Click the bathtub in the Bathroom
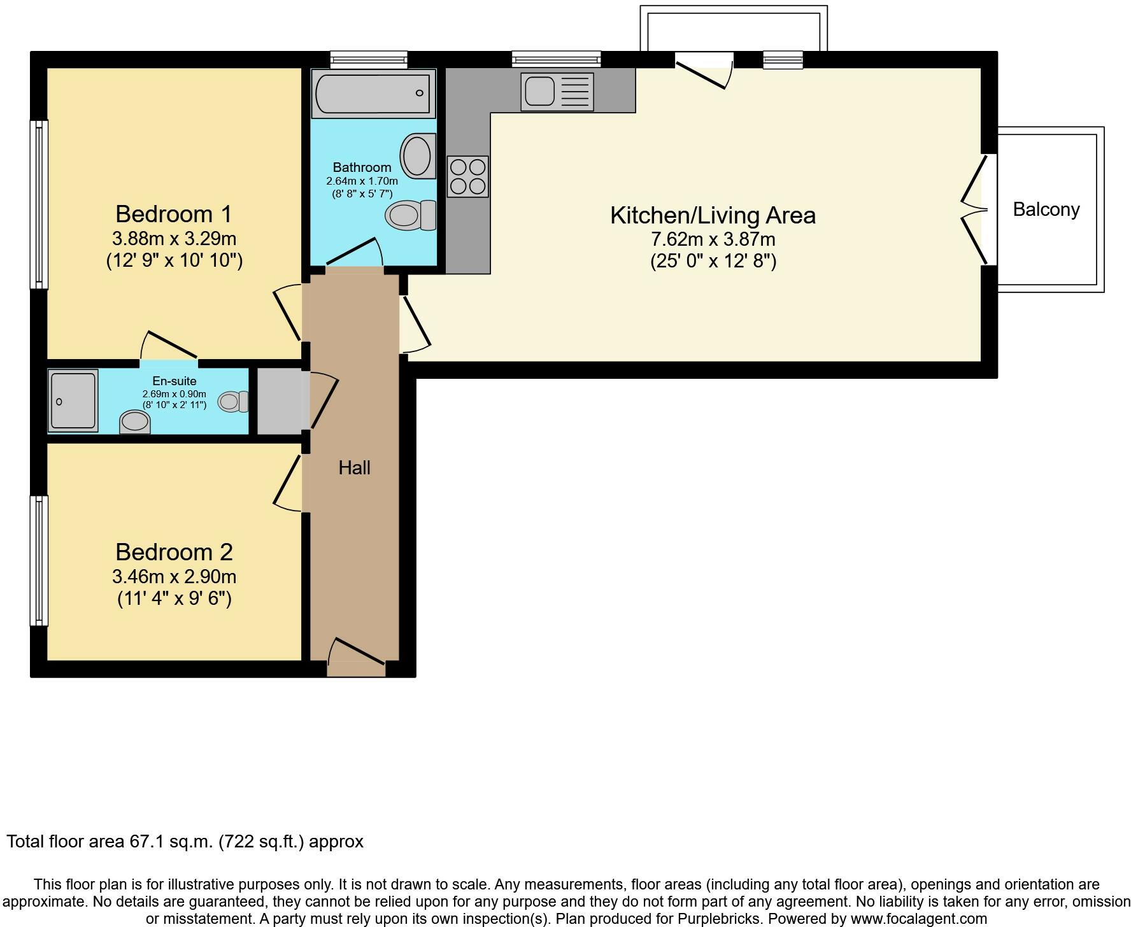tap(374, 94)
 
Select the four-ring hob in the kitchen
tap(467, 176)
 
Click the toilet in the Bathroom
tap(411, 215)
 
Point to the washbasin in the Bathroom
tap(418, 155)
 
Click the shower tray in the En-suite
tap(73, 400)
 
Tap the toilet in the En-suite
tap(233, 401)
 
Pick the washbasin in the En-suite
tap(135, 422)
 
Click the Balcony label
tap(1046, 209)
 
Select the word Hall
tap(354, 468)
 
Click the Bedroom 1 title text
tap(174, 214)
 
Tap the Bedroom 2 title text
tap(174, 551)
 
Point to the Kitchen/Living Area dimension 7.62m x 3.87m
tap(713, 239)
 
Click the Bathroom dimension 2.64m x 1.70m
tap(362, 181)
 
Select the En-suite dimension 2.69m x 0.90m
tap(174, 394)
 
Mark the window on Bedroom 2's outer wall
tap(39, 560)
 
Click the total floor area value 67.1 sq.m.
tap(171, 842)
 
